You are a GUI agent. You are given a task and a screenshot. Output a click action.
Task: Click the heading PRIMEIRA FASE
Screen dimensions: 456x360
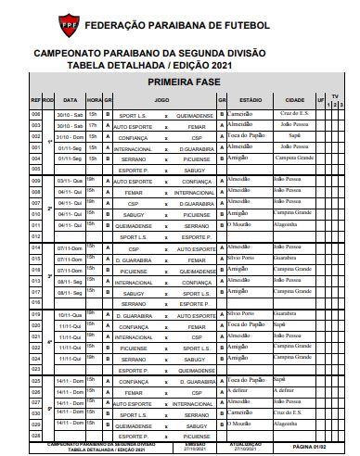pyautogui.click(x=179, y=82)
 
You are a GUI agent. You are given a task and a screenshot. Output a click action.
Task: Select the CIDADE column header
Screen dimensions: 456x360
pyautogui.click(x=294, y=98)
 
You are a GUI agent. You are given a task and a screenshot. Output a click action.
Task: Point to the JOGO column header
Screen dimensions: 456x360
pyautogui.click(x=162, y=98)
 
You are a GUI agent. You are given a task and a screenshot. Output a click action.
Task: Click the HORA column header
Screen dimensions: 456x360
pyautogui.click(x=94, y=98)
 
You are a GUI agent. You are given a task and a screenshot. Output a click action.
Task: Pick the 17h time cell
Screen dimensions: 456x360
pyautogui.click(x=93, y=125)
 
